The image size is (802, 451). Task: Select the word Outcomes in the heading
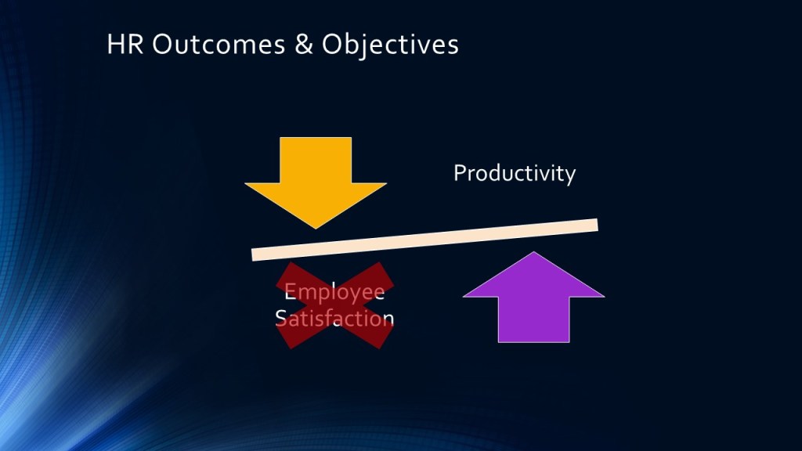[x=219, y=44]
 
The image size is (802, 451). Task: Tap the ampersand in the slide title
[x=303, y=44]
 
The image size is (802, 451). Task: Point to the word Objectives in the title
[x=390, y=45]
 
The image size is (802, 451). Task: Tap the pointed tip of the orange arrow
[x=316, y=228]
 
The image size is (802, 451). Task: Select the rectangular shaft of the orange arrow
[x=316, y=160]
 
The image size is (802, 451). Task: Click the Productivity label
[x=515, y=174]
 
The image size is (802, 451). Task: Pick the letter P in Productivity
[x=459, y=173]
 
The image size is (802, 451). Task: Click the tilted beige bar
[x=424, y=240]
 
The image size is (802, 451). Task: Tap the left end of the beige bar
[x=252, y=254]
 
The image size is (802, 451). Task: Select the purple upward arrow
[x=533, y=297]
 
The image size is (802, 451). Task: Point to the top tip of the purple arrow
[x=533, y=252]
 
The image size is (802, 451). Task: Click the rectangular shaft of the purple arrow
[x=533, y=319]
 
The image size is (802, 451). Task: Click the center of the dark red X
[x=335, y=305]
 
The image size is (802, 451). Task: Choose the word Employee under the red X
[x=334, y=293]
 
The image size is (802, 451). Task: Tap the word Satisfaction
[x=334, y=318]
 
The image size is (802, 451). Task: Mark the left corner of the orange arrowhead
[x=245, y=183]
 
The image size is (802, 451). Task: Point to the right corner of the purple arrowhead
[x=604, y=297]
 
